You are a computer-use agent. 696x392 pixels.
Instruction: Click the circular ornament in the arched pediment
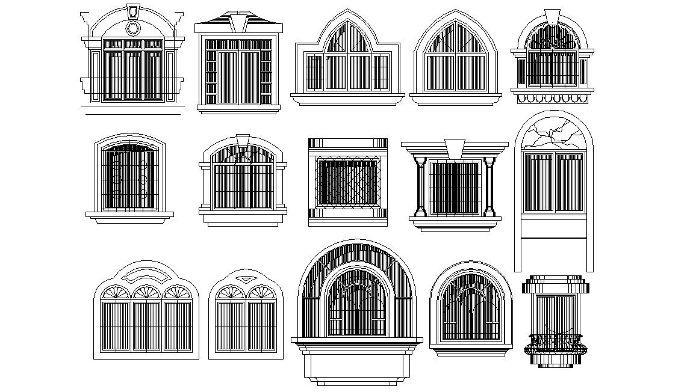(x=133, y=28)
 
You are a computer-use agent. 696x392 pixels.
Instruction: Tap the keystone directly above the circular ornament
(x=133, y=12)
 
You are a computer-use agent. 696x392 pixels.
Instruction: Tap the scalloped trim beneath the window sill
(x=553, y=98)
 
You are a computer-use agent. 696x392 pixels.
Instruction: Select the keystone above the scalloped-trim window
(x=552, y=15)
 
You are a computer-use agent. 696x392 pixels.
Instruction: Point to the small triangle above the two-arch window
(x=246, y=279)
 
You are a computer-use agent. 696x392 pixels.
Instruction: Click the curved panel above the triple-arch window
(x=146, y=275)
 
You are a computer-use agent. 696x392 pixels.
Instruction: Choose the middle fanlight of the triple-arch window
(x=146, y=293)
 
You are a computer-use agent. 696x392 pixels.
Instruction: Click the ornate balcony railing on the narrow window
(x=555, y=344)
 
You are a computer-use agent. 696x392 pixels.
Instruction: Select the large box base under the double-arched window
(x=356, y=364)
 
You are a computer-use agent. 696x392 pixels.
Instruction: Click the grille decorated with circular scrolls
(x=129, y=179)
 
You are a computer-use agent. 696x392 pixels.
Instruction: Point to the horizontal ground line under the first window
(x=133, y=113)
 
